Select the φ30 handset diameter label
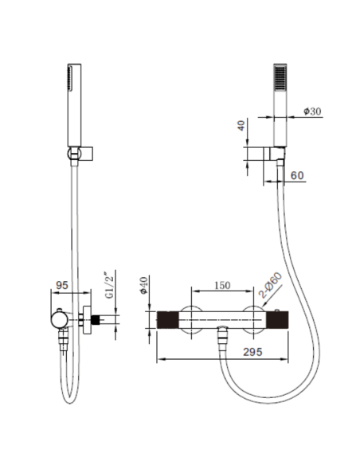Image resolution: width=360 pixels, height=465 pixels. click(312, 112)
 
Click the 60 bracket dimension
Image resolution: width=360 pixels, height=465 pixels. click(296, 175)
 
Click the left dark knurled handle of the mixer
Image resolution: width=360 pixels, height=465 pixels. click(169, 320)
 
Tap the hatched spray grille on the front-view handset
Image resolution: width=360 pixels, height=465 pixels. click(280, 80)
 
